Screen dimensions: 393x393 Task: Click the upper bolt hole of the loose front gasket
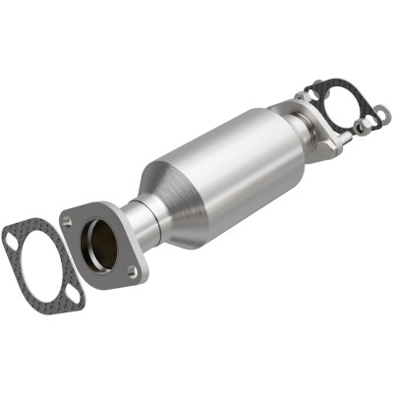click(12, 236)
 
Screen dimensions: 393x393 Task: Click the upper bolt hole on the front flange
click(69, 222)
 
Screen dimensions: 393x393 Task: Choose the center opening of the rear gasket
click(334, 106)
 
